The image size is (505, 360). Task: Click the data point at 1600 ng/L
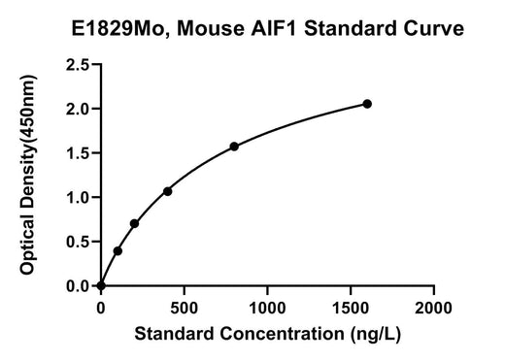(x=367, y=104)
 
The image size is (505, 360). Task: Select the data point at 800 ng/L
(x=234, y=147)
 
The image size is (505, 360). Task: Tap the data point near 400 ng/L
(x=167, y=191)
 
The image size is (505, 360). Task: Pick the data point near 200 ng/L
(x=134, y=223)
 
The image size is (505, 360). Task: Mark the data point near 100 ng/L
(x=118, y=251)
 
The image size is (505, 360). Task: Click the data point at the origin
(x=101, y=286)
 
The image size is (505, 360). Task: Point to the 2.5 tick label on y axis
(x=78, y=65)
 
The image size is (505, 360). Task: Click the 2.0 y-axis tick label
(x=78, y=109)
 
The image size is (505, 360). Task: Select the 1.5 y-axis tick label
(x=78, y=153)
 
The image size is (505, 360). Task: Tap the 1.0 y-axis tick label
(x=78, y=198)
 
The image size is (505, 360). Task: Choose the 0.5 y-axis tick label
(x=78, y=242)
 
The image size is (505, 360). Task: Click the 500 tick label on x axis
(x=184, y=308)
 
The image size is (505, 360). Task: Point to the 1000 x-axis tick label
(x=267, y=308)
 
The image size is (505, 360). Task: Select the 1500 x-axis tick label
(x=351, y=308)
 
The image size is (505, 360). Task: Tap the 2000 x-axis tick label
(x=433, y=308)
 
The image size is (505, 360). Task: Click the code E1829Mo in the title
(x=121, y=29)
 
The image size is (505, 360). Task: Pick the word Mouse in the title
(x=211, y=28)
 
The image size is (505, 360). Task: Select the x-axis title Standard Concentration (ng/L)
(x=268, y=334)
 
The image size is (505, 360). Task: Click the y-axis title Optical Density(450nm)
(x=28, y=175)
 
